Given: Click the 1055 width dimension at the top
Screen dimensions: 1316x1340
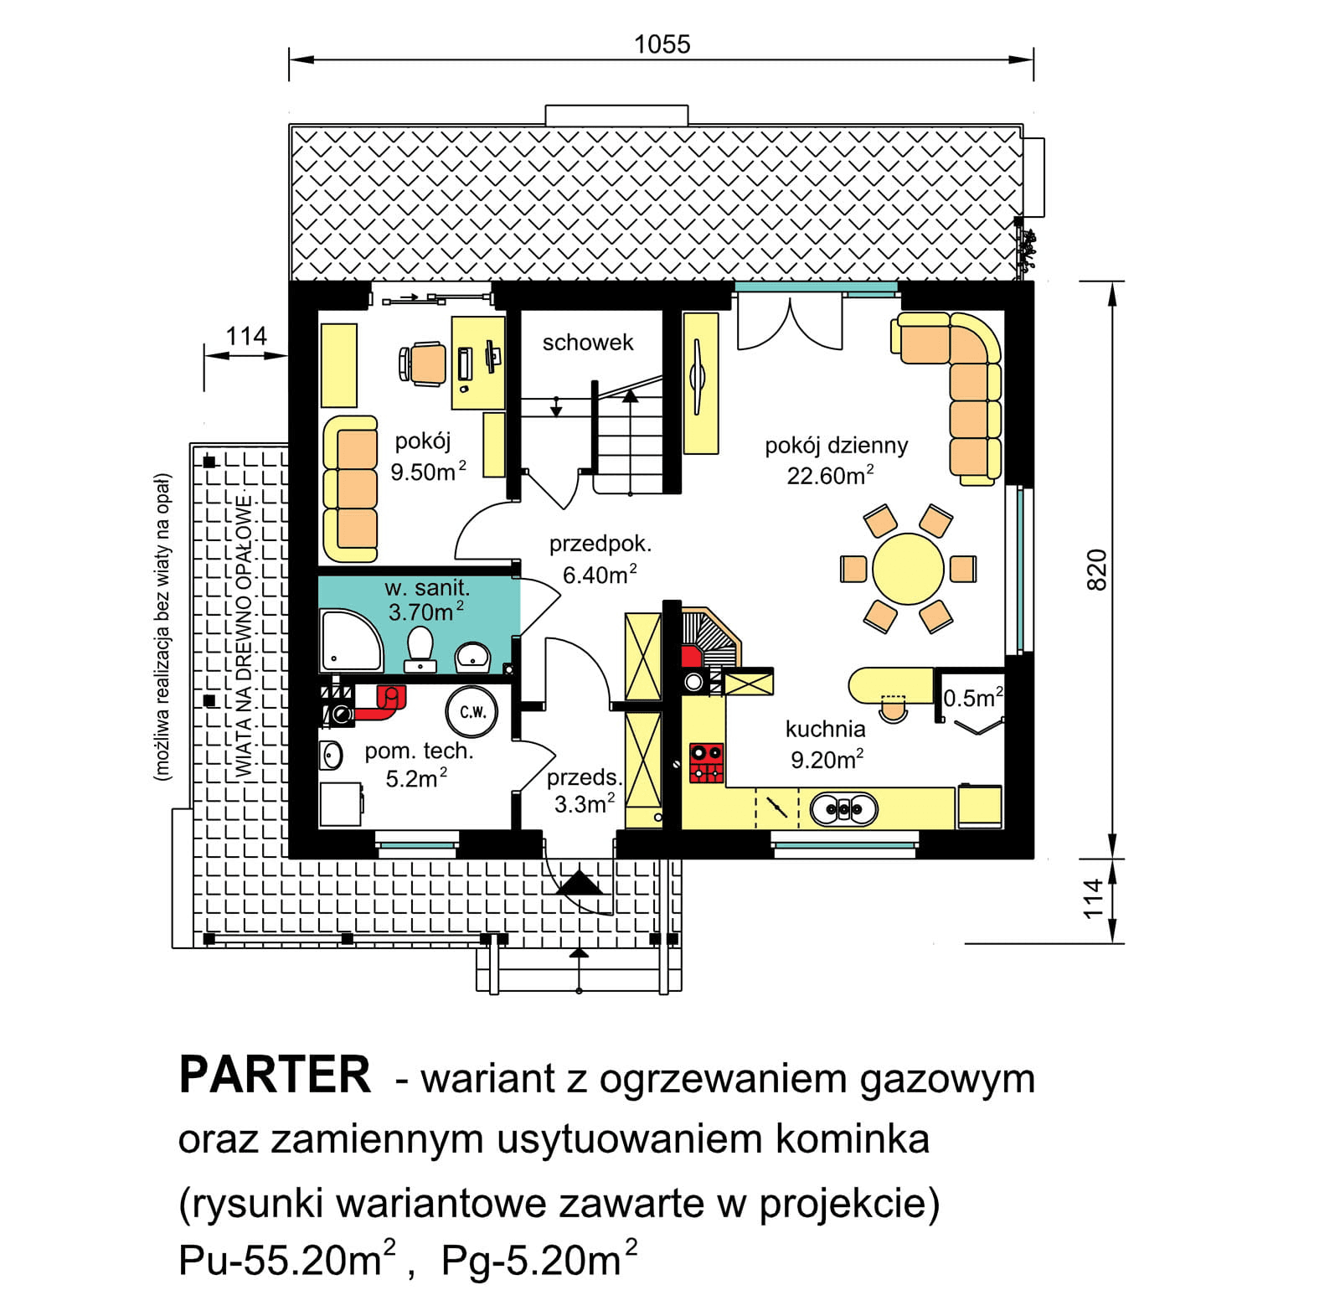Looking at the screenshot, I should (x=662, y=44).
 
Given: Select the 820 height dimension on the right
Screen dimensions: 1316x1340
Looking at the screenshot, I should (x=1095, y=570).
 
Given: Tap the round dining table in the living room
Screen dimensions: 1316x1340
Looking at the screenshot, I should (x=908, y=569).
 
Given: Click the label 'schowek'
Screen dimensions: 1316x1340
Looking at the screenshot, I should (x=587, y=343).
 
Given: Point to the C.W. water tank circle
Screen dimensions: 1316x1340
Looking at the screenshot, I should (x=472, y=712).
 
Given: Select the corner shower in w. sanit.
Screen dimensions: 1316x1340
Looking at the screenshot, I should (x=349, y=642).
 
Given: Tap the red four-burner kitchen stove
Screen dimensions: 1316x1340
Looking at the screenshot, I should (x=706, y=762).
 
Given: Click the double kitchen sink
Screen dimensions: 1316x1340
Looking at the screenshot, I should (x=843, y=809).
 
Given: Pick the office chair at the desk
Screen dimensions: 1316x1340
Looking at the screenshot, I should (x=424, y=364).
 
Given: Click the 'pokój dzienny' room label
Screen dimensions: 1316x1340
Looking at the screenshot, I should (x=836, y=446).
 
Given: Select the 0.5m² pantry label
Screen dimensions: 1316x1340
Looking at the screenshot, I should (x=972, y=698).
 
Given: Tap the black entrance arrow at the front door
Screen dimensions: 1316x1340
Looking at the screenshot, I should (x=580, y=883).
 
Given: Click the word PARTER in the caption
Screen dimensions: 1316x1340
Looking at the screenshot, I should (x=275, y=1076).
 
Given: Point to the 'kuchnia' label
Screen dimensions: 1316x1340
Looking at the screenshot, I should (x=825, y=729).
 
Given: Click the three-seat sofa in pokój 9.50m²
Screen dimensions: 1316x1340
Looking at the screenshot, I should (x=351, y=488).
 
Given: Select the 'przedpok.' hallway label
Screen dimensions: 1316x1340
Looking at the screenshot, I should (x=600, y=544).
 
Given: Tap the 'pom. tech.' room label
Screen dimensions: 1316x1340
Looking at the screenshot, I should (x=419, y=751).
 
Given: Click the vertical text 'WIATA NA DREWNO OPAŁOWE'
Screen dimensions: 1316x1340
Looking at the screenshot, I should (x=243, y=637).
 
